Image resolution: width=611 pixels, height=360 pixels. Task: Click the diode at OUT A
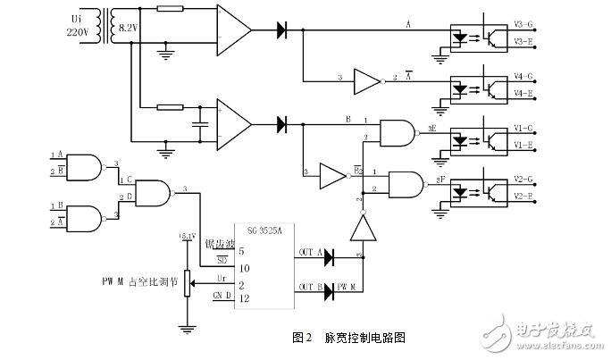(x=331, y=257)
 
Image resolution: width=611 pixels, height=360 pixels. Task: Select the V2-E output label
(x=524, y=195)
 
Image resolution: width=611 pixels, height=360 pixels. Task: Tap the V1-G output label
(x=524, y=129)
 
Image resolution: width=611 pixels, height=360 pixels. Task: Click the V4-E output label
(x=524, y=93)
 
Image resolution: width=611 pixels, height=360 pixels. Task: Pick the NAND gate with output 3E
(x=397, y=132)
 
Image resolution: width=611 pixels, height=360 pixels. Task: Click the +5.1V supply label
(x=187, y=237)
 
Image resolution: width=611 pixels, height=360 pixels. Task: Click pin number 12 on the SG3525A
(x=241, y=297)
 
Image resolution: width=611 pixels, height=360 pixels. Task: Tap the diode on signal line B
(x=282, y=121)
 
